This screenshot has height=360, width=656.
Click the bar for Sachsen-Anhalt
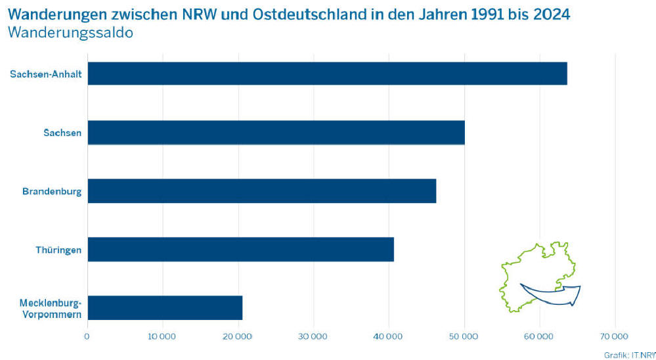[x=327, y=74]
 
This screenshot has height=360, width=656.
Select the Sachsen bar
[x=276, y=132]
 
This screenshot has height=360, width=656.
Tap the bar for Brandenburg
[x=261, y=191]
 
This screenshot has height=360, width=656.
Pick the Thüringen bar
[x=240, y=250]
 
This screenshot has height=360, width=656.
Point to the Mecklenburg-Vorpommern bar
[x=165, y=307]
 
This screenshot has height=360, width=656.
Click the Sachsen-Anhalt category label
[x=46, y=74]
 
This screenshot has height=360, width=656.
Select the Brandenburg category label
[x=52, y=191]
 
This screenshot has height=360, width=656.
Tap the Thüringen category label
[x=58, y=250]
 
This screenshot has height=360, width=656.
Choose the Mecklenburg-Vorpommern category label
[x=51, y=308]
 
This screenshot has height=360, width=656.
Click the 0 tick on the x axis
[x=87, y=337]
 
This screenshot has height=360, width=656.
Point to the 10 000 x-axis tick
[x=162, y=337]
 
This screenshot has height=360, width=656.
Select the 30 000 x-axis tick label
[x=313, y=337]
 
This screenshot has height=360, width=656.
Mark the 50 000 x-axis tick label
[x=464, y=337]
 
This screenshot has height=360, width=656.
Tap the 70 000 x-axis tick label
[x=615, y=337]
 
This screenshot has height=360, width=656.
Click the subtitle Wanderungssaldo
[x=71, y=32]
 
